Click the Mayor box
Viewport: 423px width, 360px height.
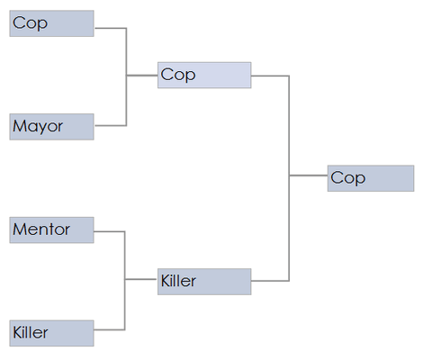(x=51, y=127)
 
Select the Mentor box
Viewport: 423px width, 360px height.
(x=51, y=230)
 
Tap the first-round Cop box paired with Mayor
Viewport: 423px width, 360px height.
(x=51, y=23)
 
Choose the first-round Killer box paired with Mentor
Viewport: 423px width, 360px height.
(x=51, y=333)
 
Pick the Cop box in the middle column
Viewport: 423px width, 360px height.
(x=204, y=75)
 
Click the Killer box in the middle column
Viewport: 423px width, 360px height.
(x=204, y=282)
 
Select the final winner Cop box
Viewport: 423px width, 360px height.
(x=371, y=178)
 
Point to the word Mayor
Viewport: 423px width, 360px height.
(x=38, y=126)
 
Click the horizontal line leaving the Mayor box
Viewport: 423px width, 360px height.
(x=110, y=125)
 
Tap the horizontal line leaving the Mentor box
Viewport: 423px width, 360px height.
(x=109, y=231)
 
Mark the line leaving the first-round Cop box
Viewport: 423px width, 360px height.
(x=110, y=28)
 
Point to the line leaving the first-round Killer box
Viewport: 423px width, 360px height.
(x=109, y=329)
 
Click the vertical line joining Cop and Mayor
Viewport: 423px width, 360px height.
(x=126, y=76)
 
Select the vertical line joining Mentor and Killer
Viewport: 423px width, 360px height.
(x=124, y=281)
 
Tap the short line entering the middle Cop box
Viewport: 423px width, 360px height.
(x=142, y=76)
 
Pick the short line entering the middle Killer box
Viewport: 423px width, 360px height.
(x=141, y=279)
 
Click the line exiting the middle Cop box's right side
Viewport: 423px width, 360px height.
(x=270, y=76)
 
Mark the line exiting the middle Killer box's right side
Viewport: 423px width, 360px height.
(x=270, y=281)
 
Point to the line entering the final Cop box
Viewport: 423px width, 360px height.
(x=309, y=175)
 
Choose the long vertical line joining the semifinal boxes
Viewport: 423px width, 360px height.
(x=289, y=178)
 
